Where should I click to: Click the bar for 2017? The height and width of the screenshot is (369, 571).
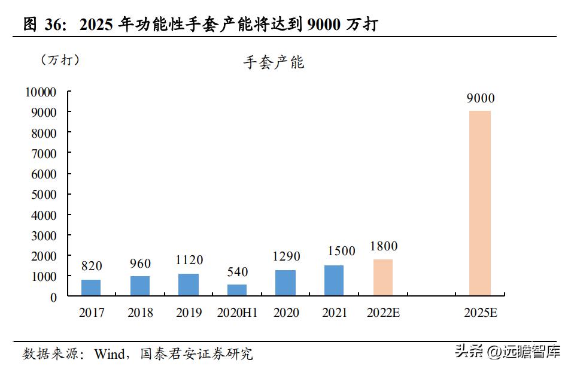(91, 288)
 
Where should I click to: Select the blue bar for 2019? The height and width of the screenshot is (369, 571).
(188, 285)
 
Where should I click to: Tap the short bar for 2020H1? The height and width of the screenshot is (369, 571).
(237, 291)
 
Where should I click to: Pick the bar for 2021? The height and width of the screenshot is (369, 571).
(334, 281)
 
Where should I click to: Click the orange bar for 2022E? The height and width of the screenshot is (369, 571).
(383, 277)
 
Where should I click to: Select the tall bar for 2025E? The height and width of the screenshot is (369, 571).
(480, 203)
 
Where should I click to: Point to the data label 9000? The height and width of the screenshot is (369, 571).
(481, 99)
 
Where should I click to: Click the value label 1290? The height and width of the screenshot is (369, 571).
(285, 256)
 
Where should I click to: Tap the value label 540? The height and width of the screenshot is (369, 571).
(237, 272)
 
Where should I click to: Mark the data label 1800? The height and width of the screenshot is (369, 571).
(384, 246)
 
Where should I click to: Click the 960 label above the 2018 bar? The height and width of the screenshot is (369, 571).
(140, 264)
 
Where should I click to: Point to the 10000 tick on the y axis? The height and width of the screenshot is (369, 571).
(40, 92)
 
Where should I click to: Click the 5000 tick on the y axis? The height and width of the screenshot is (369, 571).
(43, 194)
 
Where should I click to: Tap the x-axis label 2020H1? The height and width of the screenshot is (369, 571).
(237, 313)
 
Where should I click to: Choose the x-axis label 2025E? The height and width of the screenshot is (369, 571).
(481, 313)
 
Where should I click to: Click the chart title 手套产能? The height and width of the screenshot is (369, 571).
(274, 63)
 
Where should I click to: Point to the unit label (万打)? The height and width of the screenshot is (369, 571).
(60, 60)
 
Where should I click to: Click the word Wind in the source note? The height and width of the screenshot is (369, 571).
(110, 354)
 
